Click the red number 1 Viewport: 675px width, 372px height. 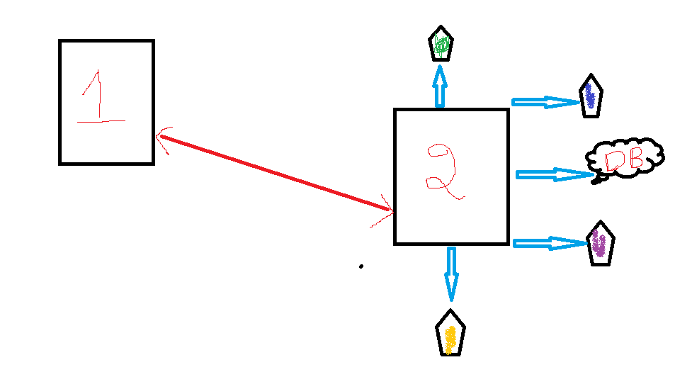click(98, 96)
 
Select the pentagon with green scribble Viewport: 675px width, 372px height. click(441, 45)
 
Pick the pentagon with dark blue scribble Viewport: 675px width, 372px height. click(589, 96)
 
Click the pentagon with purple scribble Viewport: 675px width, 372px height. click(601, 243)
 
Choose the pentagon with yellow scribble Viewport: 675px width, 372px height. click(450, 333)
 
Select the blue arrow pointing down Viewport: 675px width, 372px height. click(450, 274)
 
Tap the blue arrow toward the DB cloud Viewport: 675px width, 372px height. click(552, 174)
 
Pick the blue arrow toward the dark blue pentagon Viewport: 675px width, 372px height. click(545, 103)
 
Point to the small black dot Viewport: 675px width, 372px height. click(361, 266)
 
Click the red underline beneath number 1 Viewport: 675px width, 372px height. click(101, 121)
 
